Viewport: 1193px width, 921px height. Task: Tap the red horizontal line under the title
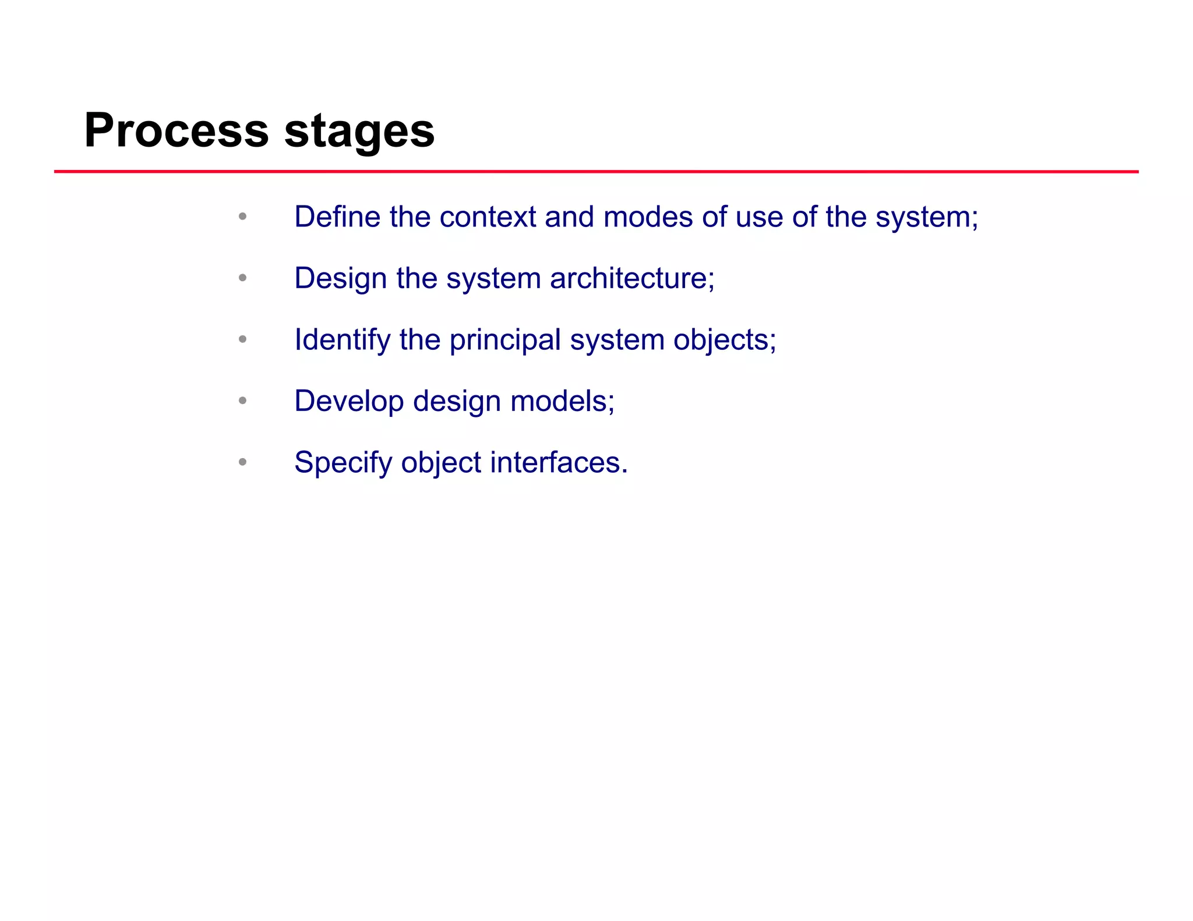[596, 172]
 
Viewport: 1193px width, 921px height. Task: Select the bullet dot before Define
[243, 217]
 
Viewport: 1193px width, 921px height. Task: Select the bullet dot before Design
[243, 278]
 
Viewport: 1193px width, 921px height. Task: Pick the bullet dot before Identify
[243, 339]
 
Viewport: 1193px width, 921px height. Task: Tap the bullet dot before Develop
[243, 401]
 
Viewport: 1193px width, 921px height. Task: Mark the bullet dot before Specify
[243, 462]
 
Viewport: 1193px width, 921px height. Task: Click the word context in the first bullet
[488, 217]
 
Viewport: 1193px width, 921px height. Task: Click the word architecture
[631, 278]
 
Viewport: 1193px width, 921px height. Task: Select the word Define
[337, 217]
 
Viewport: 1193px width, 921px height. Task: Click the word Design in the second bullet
[341, 279]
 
